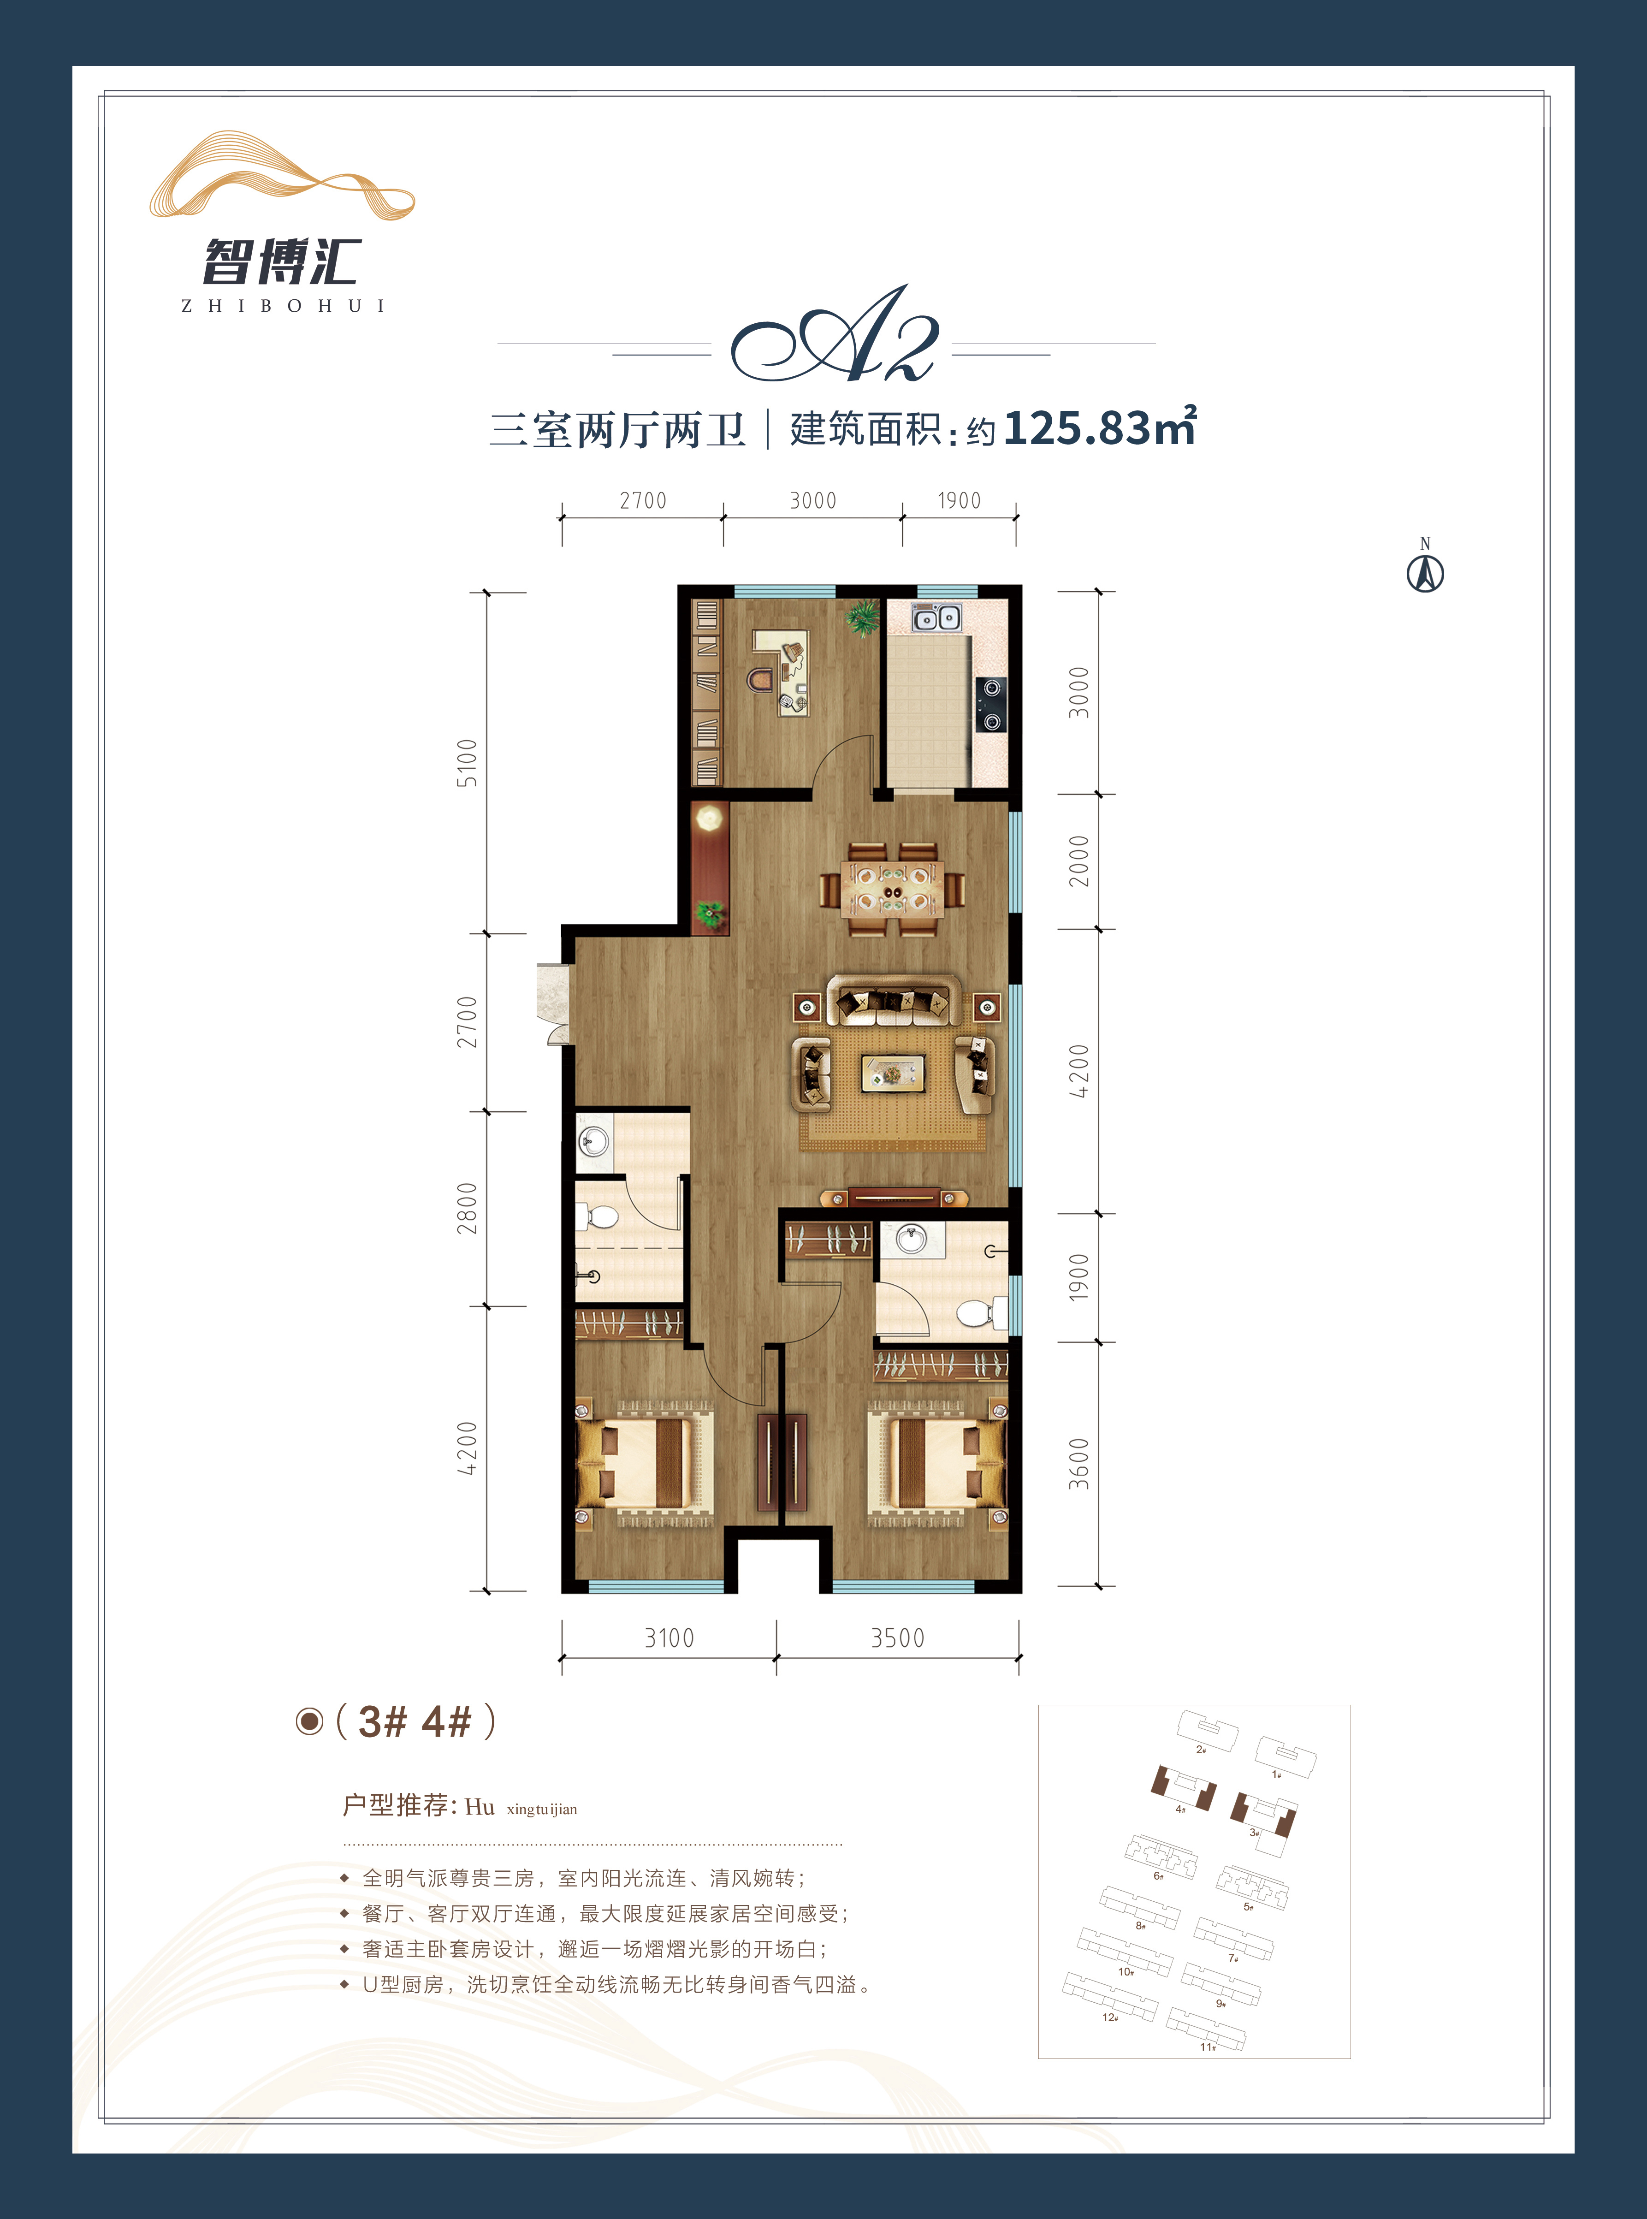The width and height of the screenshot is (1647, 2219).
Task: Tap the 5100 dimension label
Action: coord(467,763)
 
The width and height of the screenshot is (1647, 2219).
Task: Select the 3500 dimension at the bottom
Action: coord(897,1638)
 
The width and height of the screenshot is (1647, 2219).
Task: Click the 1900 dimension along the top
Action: coord(959,500)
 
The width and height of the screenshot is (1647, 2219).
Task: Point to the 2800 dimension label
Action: coord(467,1208)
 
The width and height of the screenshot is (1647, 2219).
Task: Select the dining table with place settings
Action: coord(891,889)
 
